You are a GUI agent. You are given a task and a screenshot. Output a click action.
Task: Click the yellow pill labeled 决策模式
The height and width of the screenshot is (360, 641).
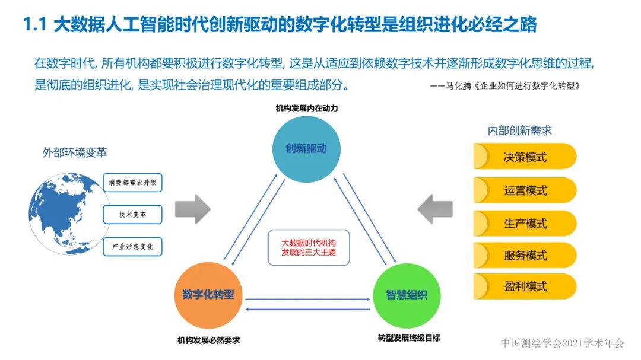pos(525,157)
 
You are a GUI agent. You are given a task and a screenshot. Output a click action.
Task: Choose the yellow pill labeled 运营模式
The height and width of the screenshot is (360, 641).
pos(525,190)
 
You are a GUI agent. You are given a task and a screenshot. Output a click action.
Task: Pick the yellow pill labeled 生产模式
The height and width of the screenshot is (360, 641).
pos(525,224)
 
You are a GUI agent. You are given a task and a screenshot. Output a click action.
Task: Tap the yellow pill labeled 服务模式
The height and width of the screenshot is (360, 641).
pos(525,256)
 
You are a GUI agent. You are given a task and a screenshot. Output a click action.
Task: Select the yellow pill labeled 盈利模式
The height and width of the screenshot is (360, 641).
pos(525,287)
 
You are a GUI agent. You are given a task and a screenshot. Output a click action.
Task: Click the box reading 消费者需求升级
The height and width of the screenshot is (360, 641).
pos(132,183)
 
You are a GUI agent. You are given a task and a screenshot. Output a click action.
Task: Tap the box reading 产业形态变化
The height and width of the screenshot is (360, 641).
pos(132,246)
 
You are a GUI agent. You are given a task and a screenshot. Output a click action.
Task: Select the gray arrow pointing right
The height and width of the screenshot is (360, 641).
pos(193,208)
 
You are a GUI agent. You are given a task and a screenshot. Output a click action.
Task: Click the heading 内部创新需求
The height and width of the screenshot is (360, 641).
pos(520,130)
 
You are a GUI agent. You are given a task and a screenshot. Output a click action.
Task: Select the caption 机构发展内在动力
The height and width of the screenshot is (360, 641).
pos(307,109)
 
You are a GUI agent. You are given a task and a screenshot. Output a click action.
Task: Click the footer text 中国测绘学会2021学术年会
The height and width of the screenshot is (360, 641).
pos(562,343)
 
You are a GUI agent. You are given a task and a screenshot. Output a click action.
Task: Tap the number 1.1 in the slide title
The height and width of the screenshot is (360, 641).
pos(34,25)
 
